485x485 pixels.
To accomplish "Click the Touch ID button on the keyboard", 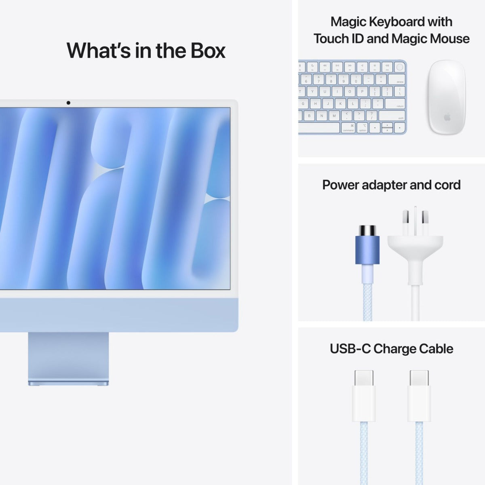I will (x=399, y=67).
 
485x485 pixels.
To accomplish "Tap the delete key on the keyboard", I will (x=397, y=79).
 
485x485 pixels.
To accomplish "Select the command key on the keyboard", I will (x=348, y=128).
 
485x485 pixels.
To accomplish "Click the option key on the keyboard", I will (x=362, y=128).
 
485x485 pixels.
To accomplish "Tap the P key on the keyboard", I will (x=362, y=91).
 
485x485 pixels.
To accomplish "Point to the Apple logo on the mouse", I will (x=447, y=118).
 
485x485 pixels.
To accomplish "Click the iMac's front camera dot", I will (x=68, y=103).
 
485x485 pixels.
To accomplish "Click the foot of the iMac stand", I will (x=69, y=382).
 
